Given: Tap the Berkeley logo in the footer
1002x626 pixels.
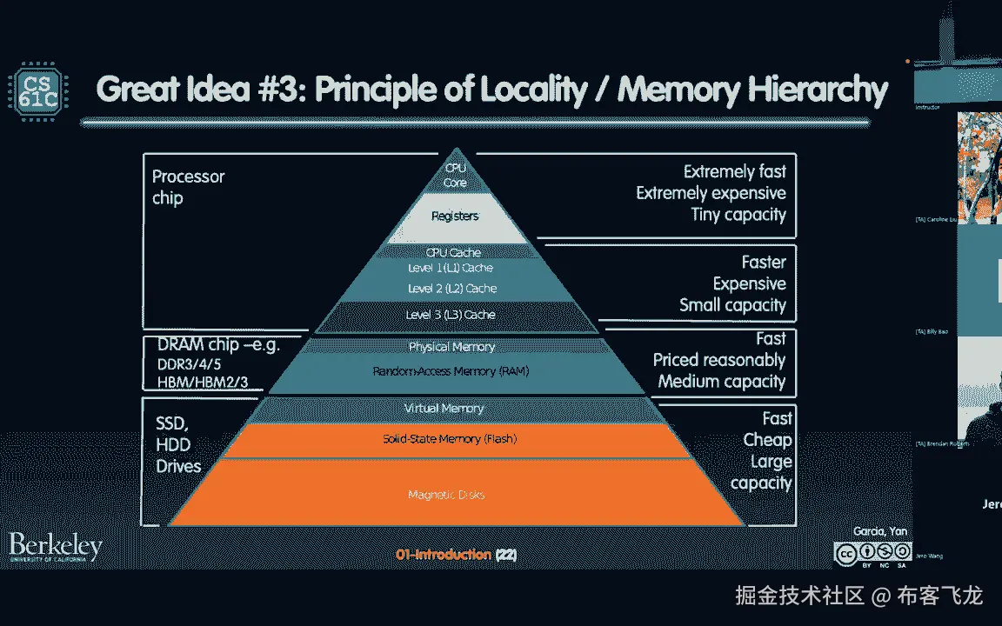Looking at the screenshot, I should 56,548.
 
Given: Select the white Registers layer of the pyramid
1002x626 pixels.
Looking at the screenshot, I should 455,216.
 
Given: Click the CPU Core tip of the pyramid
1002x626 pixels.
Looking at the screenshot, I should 456,175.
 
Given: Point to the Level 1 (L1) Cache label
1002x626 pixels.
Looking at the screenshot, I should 451,269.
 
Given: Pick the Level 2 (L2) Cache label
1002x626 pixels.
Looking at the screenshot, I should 451,289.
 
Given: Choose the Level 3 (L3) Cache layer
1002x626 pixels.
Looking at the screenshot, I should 451,315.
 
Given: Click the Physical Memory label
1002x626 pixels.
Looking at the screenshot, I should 451,348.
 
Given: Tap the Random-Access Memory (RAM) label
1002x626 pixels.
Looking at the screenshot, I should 451,371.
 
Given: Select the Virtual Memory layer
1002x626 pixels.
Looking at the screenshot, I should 444,409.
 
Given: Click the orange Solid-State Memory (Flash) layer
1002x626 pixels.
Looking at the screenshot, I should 450,439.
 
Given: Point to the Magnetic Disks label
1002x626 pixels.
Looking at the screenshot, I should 446,496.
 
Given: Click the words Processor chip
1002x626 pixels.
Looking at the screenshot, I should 188,187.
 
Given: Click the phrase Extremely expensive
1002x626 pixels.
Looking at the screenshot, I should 711,193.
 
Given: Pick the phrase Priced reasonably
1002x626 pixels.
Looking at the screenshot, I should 718,360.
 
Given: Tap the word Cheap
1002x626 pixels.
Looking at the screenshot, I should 767,440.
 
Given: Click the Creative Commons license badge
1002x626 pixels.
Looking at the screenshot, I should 872,554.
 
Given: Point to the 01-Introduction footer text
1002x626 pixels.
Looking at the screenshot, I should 443,554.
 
